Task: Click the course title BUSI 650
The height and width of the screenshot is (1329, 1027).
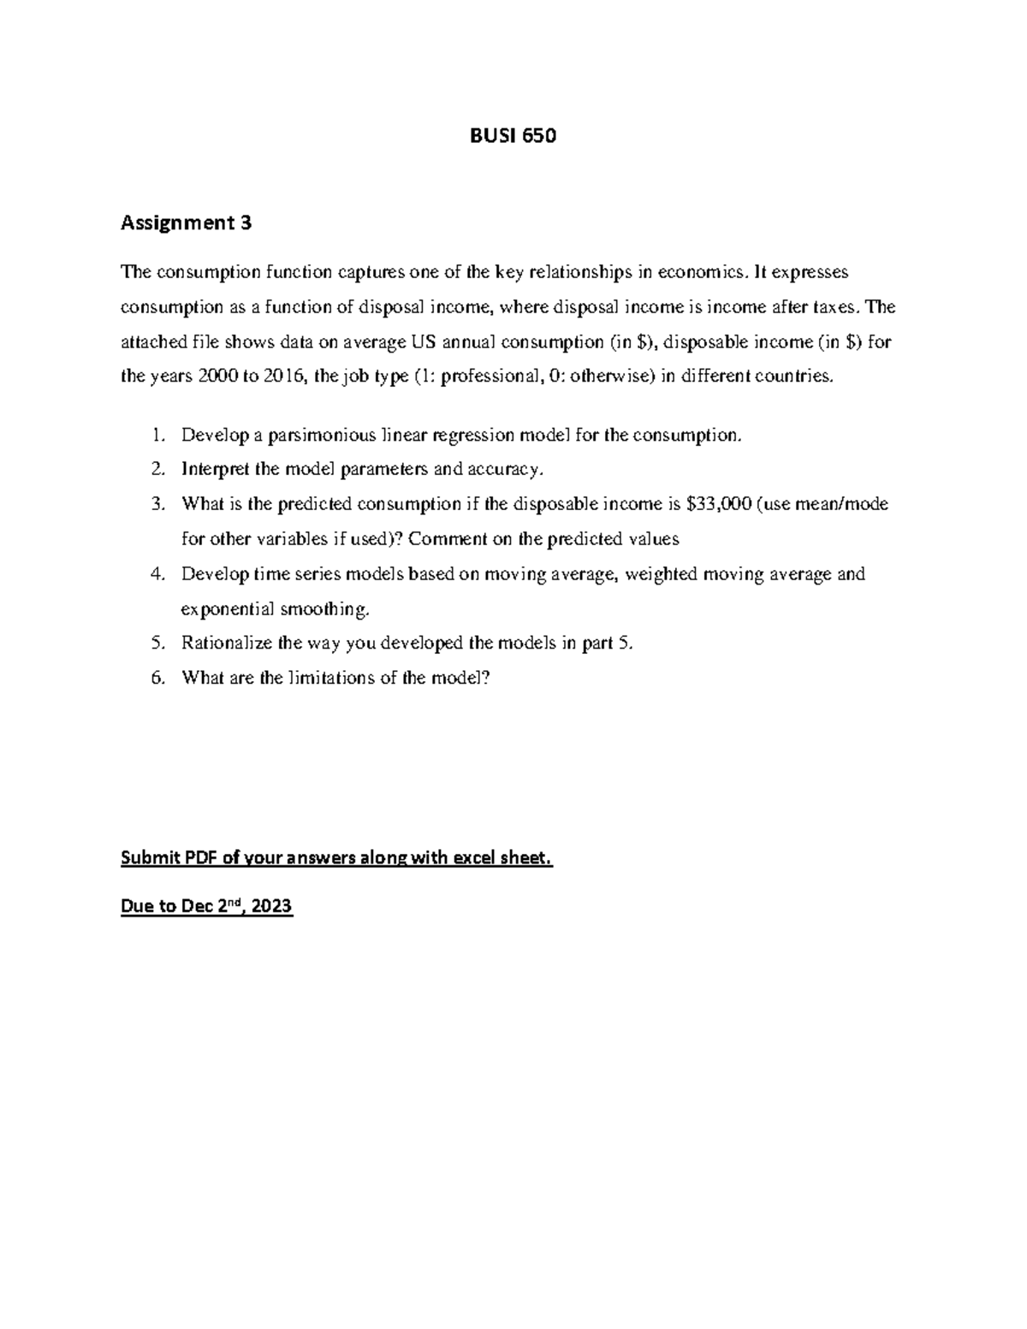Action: click(513, 136)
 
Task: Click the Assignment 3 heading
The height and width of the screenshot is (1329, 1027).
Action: click(186, 223)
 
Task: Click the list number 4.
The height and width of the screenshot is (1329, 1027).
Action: click(156, 574)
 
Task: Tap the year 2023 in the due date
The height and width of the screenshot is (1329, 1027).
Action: click(272, 906)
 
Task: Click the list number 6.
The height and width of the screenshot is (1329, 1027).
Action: click(156, 678)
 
